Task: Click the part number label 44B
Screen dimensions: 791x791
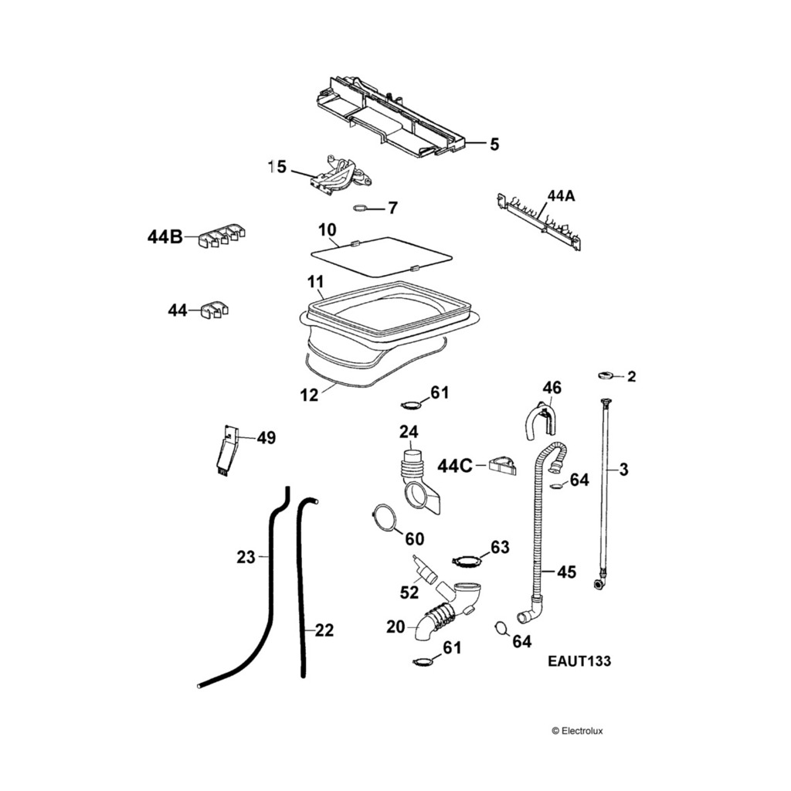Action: pyautogui.click(x=165, y=237)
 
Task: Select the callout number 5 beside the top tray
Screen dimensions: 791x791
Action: pyautogui.click(x=494, y=144)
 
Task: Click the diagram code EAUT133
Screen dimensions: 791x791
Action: pyautogui.click(x=579, y=661)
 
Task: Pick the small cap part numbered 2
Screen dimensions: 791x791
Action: pyautogui.click(x=605, y=375)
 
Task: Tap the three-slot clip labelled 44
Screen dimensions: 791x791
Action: pyautogui.click(x=212, y=310)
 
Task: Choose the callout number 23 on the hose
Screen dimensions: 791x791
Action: pyautogui.click(x=246, y=556)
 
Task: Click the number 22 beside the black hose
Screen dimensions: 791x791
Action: pyautogui.click(x=324, y=630)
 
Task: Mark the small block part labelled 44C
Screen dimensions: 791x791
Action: pyautogui.click(x=501, y=465)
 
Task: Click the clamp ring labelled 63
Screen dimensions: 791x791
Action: pyautogui.click(x=466, y=559)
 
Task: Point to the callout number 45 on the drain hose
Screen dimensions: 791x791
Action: pyautogui.click(x=566, y=572)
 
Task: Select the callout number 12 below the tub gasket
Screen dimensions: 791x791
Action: pyautogui.click(x=309, y=395)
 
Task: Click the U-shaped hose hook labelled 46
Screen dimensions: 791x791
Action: pyautogui.click(x=539, y=422)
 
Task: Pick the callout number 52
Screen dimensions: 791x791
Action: pyautogui.click(x=409, y=592)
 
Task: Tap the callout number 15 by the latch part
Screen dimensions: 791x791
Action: pyautogui.click(x=277, y=166)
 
